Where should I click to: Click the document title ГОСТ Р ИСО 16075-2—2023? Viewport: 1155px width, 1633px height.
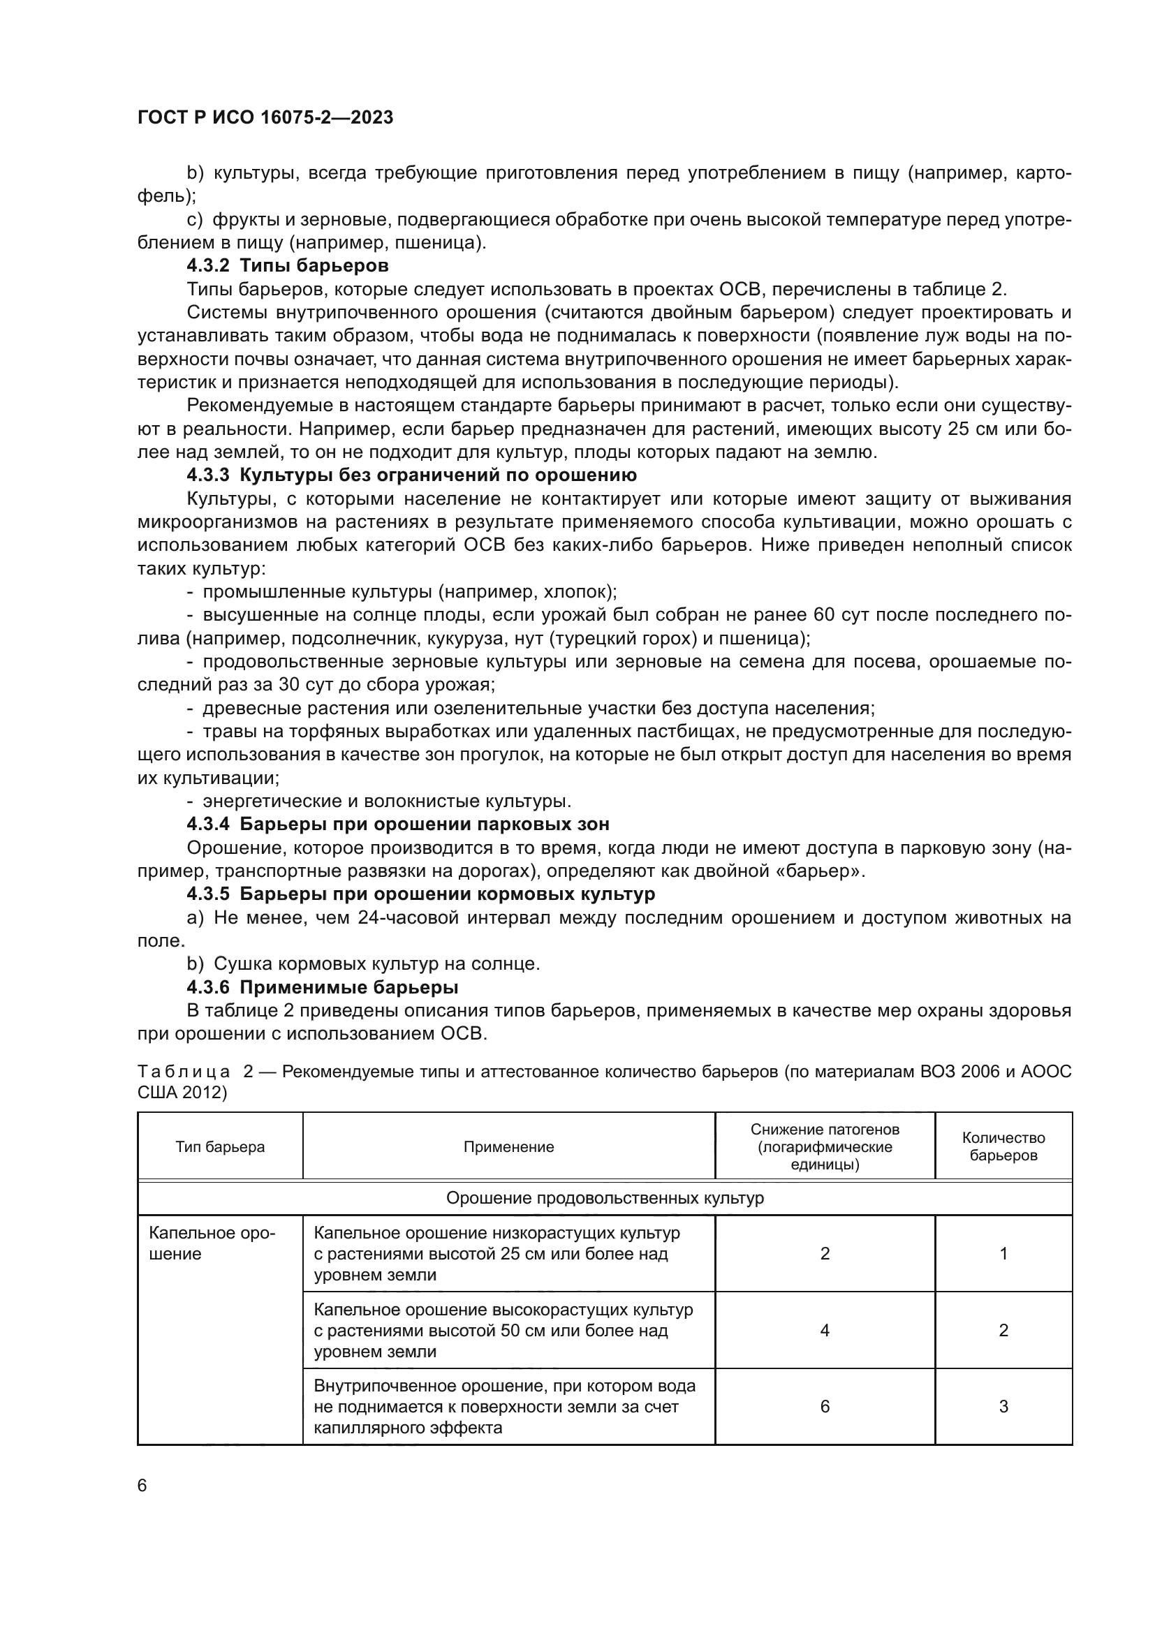pyautogui.click(x=265, y=118)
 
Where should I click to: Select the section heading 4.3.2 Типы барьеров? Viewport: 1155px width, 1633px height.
pyautogui.click(x=287, y=266)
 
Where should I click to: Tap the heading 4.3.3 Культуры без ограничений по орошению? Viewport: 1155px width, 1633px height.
pyautogui.click(x=411, y=474)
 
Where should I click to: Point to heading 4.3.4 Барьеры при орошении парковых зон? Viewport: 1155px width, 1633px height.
pyautogui.click(x=397, y=825)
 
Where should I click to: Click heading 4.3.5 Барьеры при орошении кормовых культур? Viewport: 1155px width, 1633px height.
pyautogui.click(x=420, y=894)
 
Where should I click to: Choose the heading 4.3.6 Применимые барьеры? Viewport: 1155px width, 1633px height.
pyautogui.click(x=322, y=987)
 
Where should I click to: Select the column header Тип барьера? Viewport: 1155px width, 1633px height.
pyautogui.click(x=220, y=1146)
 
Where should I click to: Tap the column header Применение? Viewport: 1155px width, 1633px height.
pyautogui.click(x=508, y=1146)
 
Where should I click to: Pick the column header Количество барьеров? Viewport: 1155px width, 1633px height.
pyautogui.click(x=1003, y=1146)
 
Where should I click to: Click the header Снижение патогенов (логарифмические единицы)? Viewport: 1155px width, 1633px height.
pyautogui.click(x=824, y=1146)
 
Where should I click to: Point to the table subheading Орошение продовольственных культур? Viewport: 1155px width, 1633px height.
pyautogui.click(x=605, y=1198)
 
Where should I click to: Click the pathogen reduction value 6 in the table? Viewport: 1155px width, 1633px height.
pyautogui.click(x=824, y=1406)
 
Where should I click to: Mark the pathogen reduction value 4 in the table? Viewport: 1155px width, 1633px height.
pyautogui.click(x=824, y=1329)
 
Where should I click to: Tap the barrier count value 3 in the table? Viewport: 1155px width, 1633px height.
pyautogui.click(x=1003, y=1406)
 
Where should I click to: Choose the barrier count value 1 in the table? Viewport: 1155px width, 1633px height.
pyautogui.click(x=1003, y=1253)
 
